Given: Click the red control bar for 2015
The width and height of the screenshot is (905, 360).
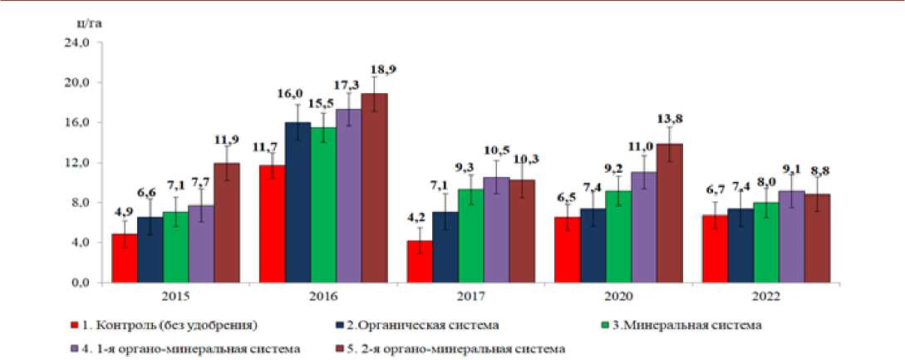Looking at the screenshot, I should (125, 258).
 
